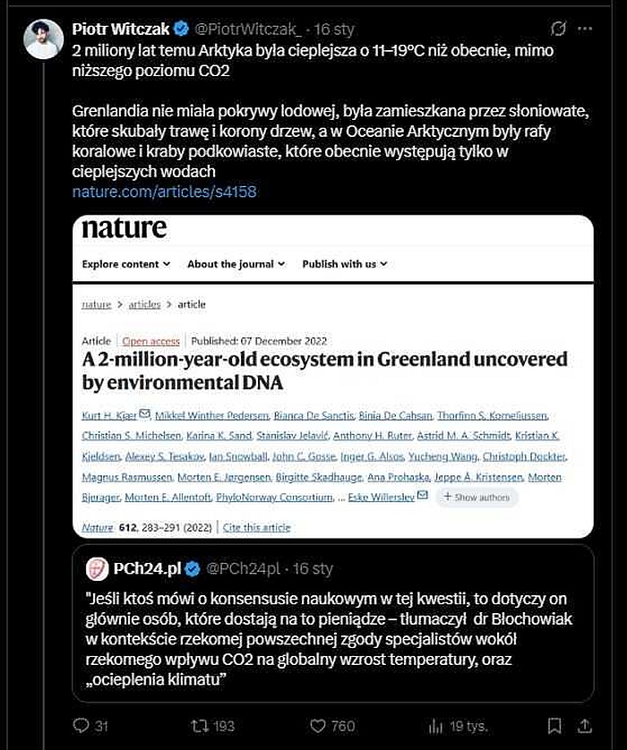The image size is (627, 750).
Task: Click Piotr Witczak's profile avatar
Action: click(43, 38)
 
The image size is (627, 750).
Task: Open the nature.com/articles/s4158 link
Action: click(164, 192)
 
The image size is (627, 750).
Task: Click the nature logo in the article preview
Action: click(125, 228)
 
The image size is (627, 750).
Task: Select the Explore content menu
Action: click(126, 264)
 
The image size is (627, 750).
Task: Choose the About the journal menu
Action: click(236, 264)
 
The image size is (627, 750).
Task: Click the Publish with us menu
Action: click(345, 264)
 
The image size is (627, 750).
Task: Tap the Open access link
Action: click(151, 341)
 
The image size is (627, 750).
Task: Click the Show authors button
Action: click(477, 498)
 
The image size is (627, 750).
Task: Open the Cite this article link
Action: click(257, 528)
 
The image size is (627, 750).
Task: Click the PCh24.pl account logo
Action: click(97, 568)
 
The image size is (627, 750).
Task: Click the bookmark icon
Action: click(554, 725)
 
